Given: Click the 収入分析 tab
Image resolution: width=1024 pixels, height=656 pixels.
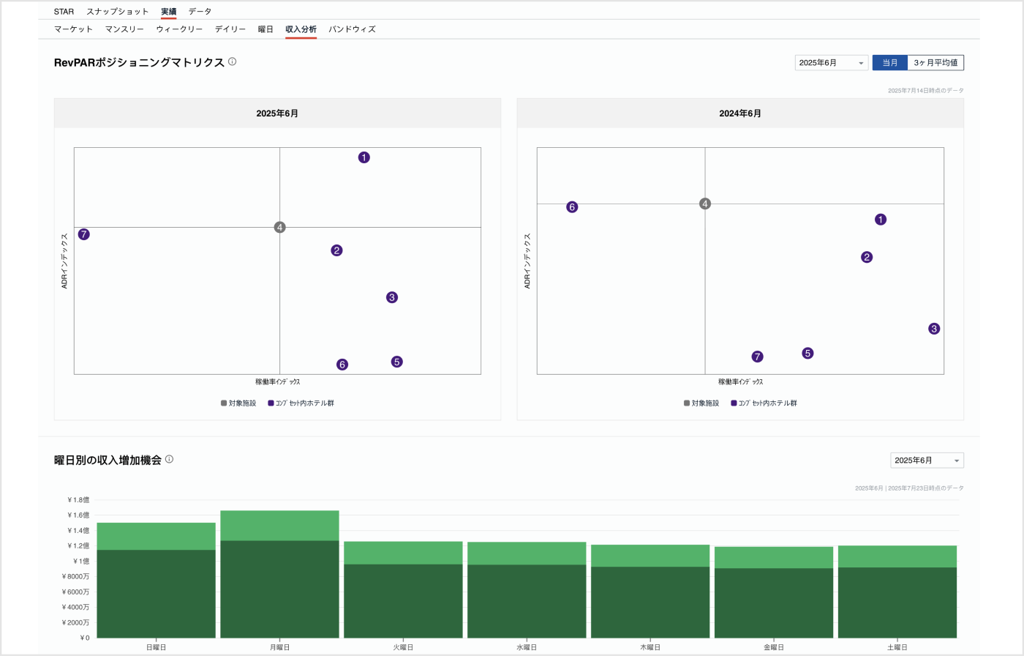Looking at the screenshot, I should [301, 29].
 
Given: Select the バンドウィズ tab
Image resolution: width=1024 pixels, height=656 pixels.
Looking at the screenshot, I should [352, 29].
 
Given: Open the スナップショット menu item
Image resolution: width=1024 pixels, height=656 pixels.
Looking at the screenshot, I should [118, 12].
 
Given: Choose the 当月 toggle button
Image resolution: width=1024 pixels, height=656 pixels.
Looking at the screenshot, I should [889, 63].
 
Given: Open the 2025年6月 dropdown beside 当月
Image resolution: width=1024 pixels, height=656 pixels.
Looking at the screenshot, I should [832, 63].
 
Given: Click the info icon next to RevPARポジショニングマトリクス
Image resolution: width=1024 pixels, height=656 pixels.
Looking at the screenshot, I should [233, 62].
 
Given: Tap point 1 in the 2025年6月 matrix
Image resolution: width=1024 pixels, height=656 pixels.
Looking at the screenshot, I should [364, 157].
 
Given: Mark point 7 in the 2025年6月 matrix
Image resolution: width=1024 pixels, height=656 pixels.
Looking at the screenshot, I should [84, 234].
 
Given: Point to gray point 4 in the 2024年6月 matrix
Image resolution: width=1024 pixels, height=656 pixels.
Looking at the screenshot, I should [705, 204].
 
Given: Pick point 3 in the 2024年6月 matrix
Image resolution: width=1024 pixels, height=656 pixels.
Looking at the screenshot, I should [934, 329].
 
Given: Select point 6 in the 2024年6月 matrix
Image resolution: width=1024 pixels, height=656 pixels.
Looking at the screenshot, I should [572, 207].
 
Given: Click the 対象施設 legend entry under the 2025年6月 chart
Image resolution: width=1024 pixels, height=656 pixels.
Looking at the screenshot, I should [238, 403].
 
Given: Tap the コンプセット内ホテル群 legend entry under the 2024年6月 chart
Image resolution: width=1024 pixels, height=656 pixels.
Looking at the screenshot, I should [764, 403].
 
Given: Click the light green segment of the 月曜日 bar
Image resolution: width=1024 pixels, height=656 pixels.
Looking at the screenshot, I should [279, 525].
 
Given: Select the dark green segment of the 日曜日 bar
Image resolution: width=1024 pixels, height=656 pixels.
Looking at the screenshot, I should [156, 593].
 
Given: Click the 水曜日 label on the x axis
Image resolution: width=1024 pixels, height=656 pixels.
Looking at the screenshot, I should [527, 647].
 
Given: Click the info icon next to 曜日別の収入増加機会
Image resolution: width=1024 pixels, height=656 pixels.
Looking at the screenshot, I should [169, 460].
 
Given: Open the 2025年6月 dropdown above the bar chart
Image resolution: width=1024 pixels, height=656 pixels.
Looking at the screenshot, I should [927, 461].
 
